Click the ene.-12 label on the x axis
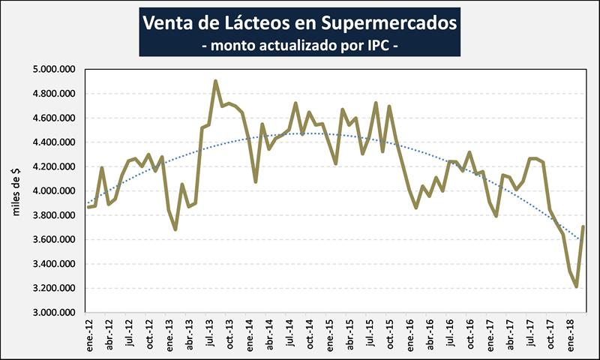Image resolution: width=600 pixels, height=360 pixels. pos(89,334)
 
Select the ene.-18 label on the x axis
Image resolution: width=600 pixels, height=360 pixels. pos(569,334)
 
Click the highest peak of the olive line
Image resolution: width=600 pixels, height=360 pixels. pos(215,81)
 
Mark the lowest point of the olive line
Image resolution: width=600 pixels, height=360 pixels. pos(576,286)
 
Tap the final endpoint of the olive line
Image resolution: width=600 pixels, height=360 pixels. pos(583,226)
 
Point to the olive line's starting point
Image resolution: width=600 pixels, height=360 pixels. pos(88,206)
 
